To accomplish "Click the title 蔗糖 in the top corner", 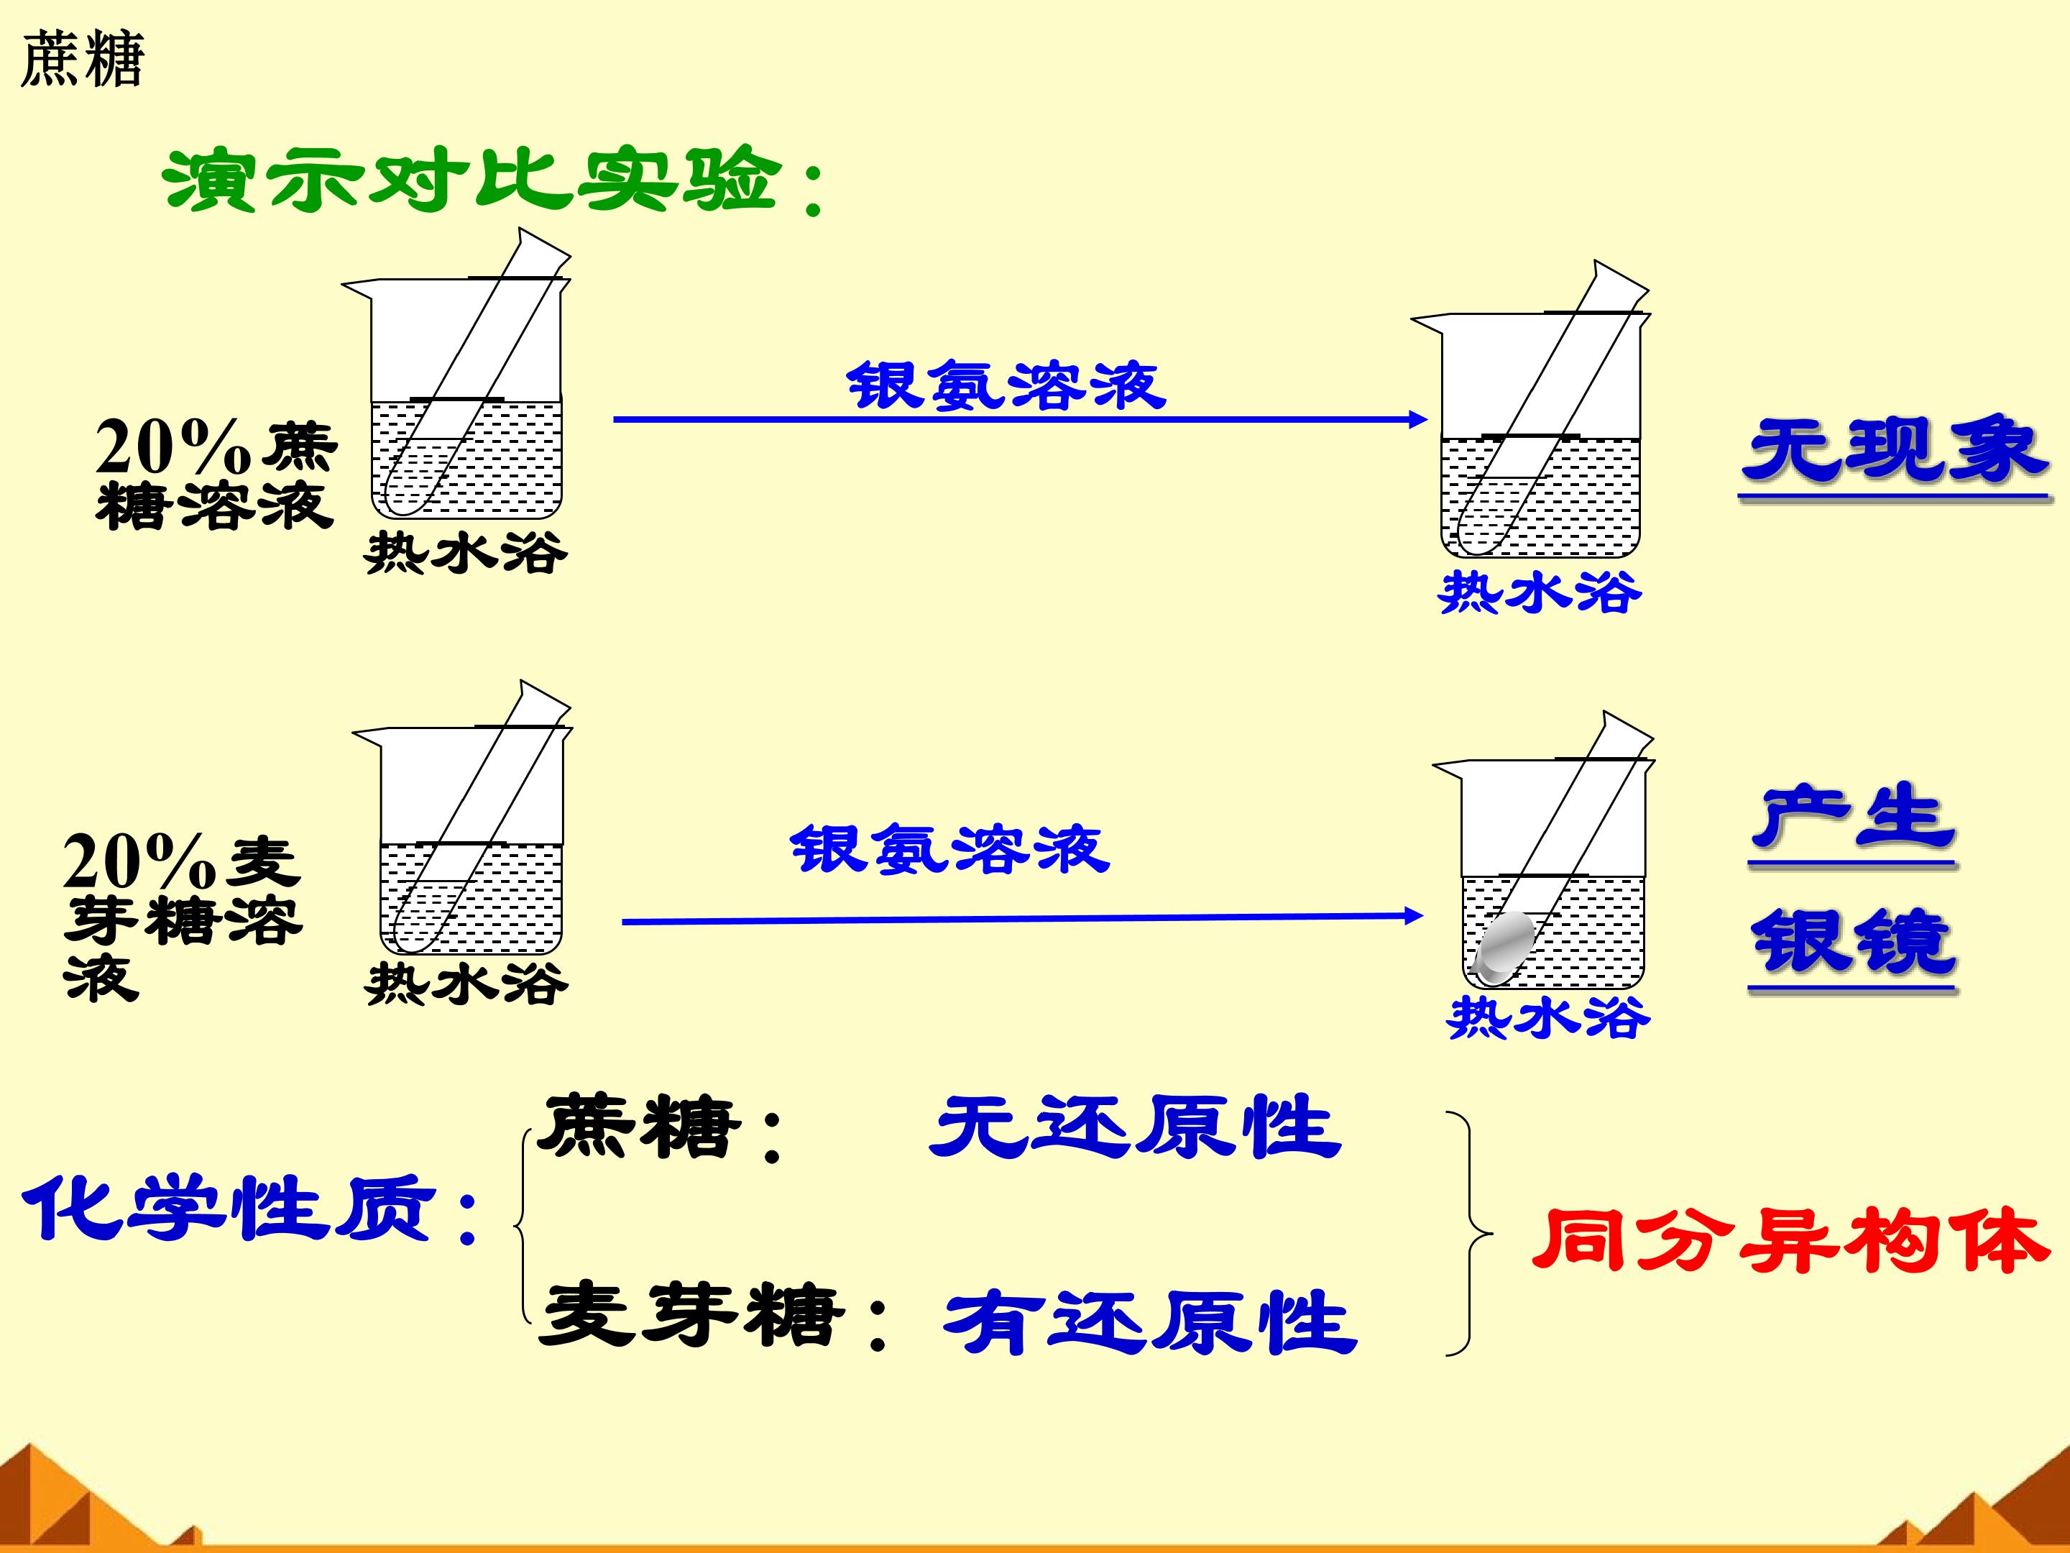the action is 83,59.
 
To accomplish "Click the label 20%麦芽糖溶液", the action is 183,917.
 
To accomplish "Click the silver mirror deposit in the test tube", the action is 1505,946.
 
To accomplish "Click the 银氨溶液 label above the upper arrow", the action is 1006,385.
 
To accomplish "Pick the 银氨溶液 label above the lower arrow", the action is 950,848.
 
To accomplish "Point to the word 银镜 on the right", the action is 1853,943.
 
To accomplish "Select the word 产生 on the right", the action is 1853,817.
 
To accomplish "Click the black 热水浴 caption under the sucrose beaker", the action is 466,552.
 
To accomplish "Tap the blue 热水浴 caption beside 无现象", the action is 1540,592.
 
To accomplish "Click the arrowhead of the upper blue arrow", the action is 1418,419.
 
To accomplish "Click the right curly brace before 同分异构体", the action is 1468,1234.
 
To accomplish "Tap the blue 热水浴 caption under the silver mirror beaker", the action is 1549,1017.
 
